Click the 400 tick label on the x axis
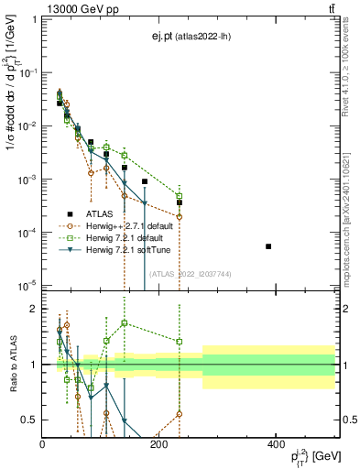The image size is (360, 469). (x=275, y=444)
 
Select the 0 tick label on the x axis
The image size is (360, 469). (x=43, y=444)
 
